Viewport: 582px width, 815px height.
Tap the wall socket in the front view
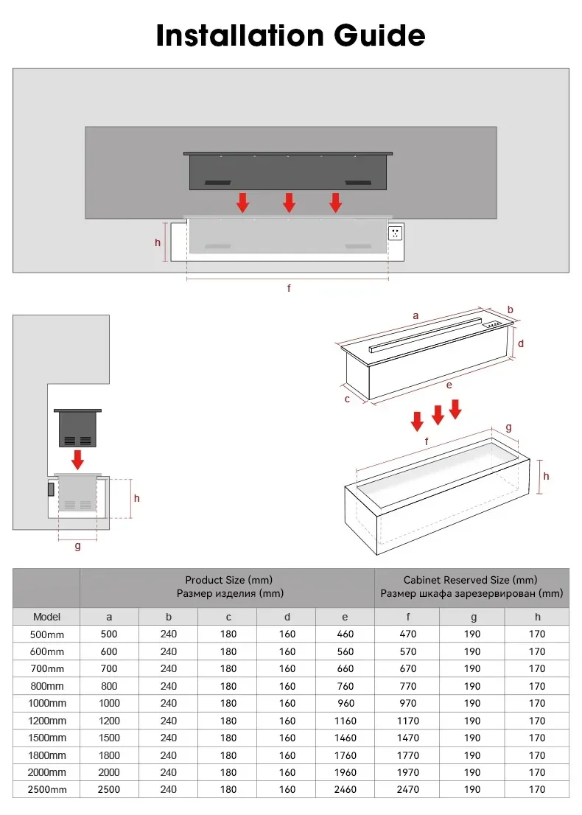click(396, 233)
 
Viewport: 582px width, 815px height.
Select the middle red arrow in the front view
click(290, 203)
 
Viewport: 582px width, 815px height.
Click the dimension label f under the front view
click(289, 288)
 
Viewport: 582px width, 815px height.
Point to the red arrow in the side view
click(77, 460)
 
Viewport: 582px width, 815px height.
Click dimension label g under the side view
click(77, 546)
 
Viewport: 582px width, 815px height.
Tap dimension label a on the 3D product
click(416, 315)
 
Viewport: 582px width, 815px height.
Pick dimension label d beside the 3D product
click(520, 343)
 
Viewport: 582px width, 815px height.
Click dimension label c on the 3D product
click(347, 399)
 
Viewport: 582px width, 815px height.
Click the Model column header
click(46, 617)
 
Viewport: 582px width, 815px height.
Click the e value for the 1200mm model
click(345, 721)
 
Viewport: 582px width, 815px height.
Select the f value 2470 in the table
click(407, 789)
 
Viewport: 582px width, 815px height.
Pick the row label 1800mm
click(46, 755)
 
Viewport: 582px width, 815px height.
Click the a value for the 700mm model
click(109, 668)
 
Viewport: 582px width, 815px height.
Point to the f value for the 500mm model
click(407, 634)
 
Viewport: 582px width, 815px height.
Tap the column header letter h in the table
click(537, 617)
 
